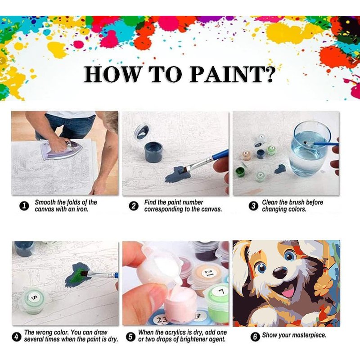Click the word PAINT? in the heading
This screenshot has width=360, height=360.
pos(232,74)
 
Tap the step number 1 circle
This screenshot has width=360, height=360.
pos(24,206)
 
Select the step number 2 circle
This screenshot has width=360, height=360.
pos(134,206)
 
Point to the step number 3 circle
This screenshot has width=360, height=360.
pos(253,206)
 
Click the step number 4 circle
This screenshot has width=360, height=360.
pos(16,337)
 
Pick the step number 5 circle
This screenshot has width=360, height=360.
pos(130,337)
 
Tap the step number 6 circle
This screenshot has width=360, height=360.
pos(255,337)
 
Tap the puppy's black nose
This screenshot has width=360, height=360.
pos(280,273)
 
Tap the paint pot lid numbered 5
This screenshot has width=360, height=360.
pos(33,297)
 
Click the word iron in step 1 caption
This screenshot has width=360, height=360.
pos(82,209)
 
